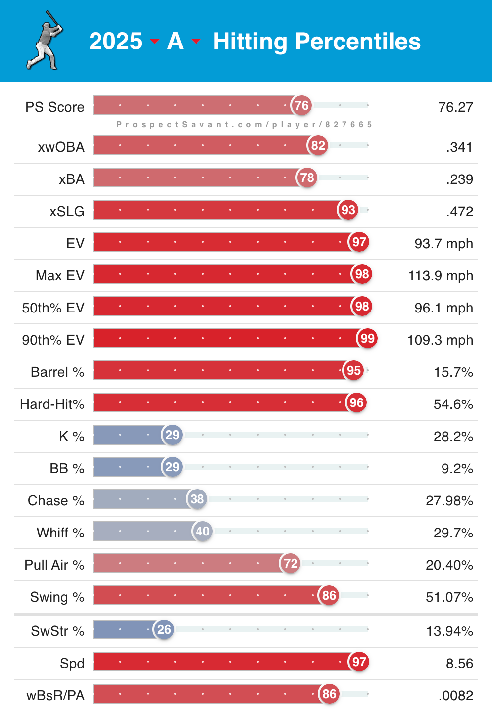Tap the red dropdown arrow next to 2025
pos(155,42)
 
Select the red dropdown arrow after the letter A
pos(196,42)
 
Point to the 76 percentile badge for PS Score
pos(301,105)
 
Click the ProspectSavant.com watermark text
pos(244,125)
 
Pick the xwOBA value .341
pos(459,147)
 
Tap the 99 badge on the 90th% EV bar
pos(367,338)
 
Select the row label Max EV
pos(60,276)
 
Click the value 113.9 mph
pos(441,276)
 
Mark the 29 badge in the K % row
pos(172,435)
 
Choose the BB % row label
pos(67,469)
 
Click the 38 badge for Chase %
pos(197,499)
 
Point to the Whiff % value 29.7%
pos(453,533)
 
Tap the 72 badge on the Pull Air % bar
pos(291,563)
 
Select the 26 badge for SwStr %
pos(164,629)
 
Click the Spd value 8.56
pos(459,664)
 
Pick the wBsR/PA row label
pos(55,696)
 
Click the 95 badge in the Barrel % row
pos(353,370)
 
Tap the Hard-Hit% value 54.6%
pos(453,404)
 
